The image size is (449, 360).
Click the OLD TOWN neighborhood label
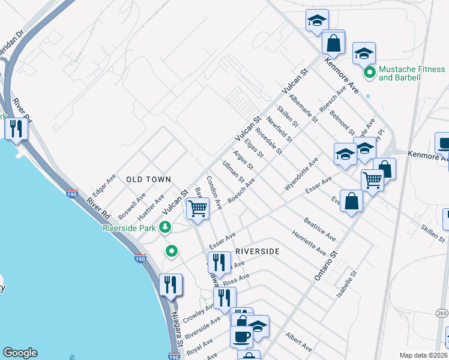tap(148, 179)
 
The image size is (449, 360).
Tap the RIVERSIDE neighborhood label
tap(257, 251)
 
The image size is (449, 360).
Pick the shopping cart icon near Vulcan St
tap(197, 208)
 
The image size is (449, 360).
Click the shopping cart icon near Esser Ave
tap(373, 179)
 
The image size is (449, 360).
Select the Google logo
tap(20, 353)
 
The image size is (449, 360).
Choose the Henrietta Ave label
tap(309, 242)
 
